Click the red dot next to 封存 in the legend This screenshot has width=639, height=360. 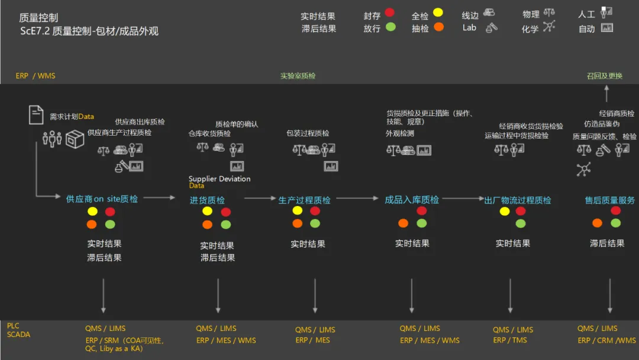pos(389,12)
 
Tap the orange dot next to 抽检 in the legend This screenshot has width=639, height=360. pos(438,27)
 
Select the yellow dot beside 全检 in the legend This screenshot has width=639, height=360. pos(438,12)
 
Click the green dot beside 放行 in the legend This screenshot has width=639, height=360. pos(390,27)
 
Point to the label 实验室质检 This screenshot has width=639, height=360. pos(298,76)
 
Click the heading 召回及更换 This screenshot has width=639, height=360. pos(605,76)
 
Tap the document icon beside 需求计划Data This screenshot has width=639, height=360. pos(36,115)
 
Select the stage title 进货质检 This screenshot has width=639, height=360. pos(207,200)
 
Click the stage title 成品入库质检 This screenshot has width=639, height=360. pos(412,200)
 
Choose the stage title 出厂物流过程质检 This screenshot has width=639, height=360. pos(517,200)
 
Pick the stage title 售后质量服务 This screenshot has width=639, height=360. pos(609,200)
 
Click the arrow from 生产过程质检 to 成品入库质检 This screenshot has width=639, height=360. pos(357,198)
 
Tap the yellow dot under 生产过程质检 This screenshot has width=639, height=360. pos(297,211)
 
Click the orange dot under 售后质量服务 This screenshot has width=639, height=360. pos(597,223)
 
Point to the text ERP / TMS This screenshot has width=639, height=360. pos(509,340)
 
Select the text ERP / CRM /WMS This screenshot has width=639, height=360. pos(606,340)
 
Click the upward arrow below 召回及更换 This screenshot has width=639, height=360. pos(606,93)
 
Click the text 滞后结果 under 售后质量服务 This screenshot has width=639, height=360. pos(607,243)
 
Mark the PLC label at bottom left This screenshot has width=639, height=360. pos(13,326)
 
